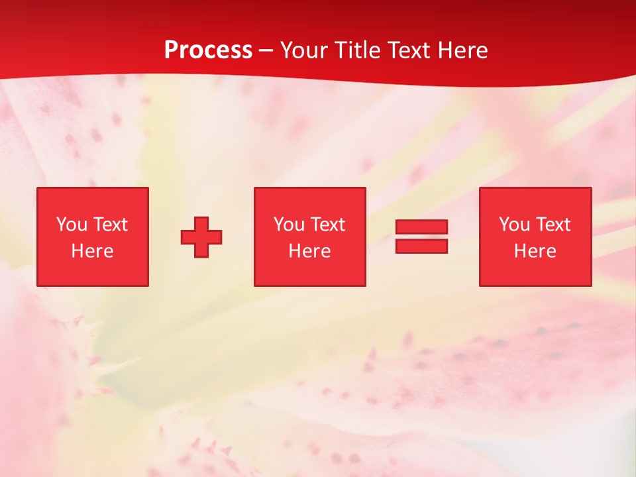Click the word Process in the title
(x=208, y=50)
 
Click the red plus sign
(x=201, y=237)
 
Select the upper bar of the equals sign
(x=421, y=227)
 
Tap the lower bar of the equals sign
(x=421, y=246)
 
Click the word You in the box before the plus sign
(x=72, y=225)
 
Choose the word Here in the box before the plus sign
(x=92, y=251)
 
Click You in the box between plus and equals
(x=289, y=225)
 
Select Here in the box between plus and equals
(x=309, y=251)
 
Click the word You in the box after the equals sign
(x=514, y=225)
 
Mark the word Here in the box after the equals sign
(x=535, y=251)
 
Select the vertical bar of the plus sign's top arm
(x=201, y=224)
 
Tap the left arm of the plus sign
(x=188, y=237)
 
